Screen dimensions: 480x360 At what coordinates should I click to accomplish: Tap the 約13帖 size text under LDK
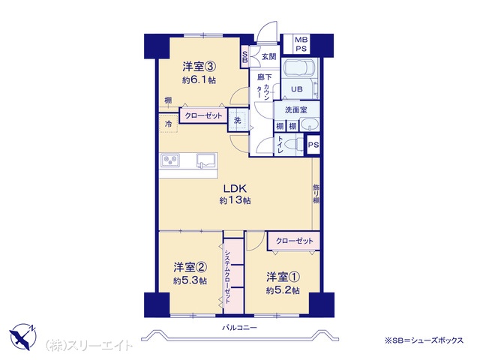point(235,200)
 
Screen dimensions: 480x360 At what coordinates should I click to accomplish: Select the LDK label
point(235,188)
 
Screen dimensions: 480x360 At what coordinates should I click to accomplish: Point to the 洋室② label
point(190,268)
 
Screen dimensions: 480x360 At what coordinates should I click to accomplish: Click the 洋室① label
point(283,277)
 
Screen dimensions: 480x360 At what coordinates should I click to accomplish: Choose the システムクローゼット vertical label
point(227,277)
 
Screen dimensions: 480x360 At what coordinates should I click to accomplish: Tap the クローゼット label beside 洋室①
point(294,241)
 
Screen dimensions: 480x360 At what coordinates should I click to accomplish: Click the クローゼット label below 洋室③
point(203,115)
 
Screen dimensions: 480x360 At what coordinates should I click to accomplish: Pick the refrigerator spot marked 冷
point(168,124)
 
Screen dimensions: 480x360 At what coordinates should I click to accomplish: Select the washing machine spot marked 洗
point(238,120)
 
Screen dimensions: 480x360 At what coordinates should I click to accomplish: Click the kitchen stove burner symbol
point(170,160)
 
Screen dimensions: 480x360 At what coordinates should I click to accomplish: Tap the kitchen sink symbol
point(207,160)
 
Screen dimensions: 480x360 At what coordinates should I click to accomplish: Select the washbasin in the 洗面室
point(310,124)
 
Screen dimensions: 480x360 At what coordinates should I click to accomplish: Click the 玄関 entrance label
point(269,57)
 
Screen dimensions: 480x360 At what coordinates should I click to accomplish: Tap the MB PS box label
point(301,44)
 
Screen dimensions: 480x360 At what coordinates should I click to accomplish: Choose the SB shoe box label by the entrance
point(245,57)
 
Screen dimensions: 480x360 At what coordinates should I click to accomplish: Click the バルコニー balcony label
point(239,328)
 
